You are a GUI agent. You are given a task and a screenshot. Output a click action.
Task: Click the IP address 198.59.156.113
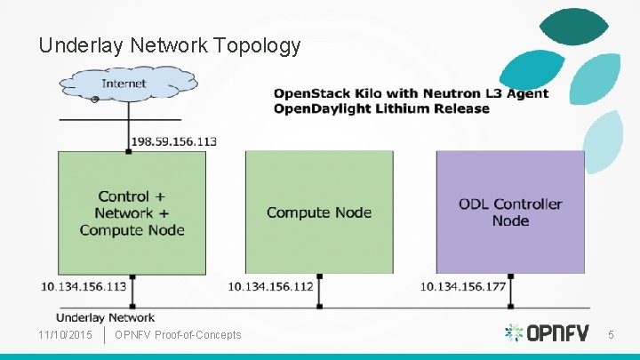pyautogui.click(x=173, y=141)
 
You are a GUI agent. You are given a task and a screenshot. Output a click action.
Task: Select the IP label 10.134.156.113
pyautogui.click(x=84, y=286)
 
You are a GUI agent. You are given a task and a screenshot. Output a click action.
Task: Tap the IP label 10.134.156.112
pyautogui.click(x=270, y=286)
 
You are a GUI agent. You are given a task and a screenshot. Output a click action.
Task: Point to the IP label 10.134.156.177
pyautogui.click(x=463, y=286)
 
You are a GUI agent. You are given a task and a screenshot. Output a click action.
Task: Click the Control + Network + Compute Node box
pyautogui.click(x=132, y=212)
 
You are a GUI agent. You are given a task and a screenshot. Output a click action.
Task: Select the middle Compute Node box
pyautogui.click(x=319, y=212)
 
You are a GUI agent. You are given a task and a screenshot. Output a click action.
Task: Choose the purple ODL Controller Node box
pyautogui.click(x=510, y=212)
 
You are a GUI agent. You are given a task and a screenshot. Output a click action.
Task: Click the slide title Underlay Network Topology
pyautogui.click(x=170, y=45)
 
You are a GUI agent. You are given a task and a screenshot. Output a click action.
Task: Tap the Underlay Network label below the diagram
pyautogui.click(x=106, y=317)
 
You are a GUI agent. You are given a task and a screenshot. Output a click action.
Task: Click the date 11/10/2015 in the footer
pyautogui.click(x=66, y=334)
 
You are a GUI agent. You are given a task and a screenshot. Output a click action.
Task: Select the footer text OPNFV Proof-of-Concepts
pyautogui.click(x=178, y=334)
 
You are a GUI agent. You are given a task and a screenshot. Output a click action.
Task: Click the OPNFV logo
pyautogui.click(x=546, y=333)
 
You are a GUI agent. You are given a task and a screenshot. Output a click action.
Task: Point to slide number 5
pyautogui.click(x=611, y=334)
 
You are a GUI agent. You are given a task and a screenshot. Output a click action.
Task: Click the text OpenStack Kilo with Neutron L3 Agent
pyautogui.click(x=411, y=93)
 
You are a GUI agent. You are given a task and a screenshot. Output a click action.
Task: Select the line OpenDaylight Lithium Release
pyautogui.click(x=381, y=108)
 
